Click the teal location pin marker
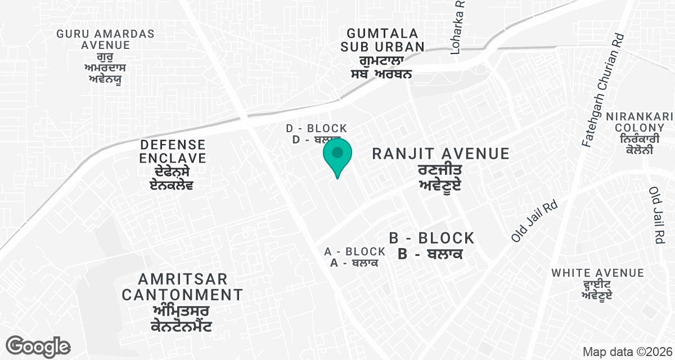pos(337,155)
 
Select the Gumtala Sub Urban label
pos(382,39)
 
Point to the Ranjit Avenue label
pos(440,154)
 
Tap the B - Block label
pos(431,238)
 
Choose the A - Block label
pos(355,251)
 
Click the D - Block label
pos(316,129)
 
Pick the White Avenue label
pos(597,273)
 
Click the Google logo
pos(39,346)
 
